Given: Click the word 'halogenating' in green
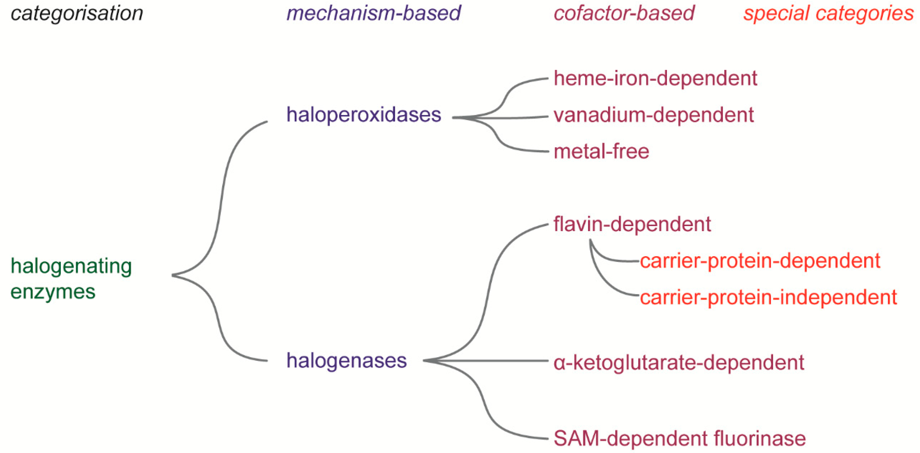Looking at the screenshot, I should (x=71, y=266).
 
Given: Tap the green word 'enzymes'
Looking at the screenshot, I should (x=53, y=292).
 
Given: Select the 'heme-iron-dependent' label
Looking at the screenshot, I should (x=655, y=78).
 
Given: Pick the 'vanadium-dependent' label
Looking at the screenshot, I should (x=653, y=115).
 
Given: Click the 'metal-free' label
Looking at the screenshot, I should (x=601, y=151).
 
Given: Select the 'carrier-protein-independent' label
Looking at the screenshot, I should (x=768, y=297).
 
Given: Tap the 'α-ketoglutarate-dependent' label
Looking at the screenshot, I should (x=679, y=363).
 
